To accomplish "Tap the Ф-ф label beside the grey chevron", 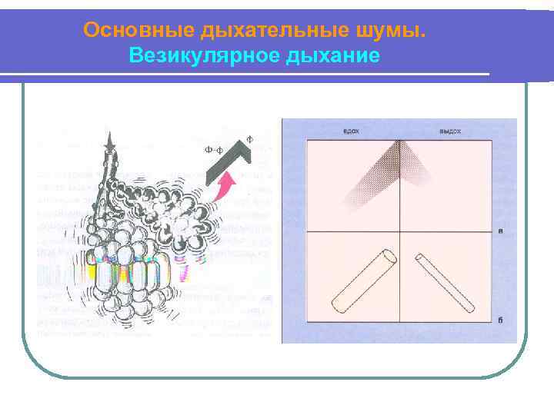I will click(215, 150).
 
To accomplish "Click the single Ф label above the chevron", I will click(249, 139).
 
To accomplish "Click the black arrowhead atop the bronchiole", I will click(113, 141).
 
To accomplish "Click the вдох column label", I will click(352, 131).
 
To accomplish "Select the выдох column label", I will click(449, 131).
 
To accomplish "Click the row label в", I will click(501, 230).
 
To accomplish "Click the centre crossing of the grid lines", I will click(400, 231).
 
